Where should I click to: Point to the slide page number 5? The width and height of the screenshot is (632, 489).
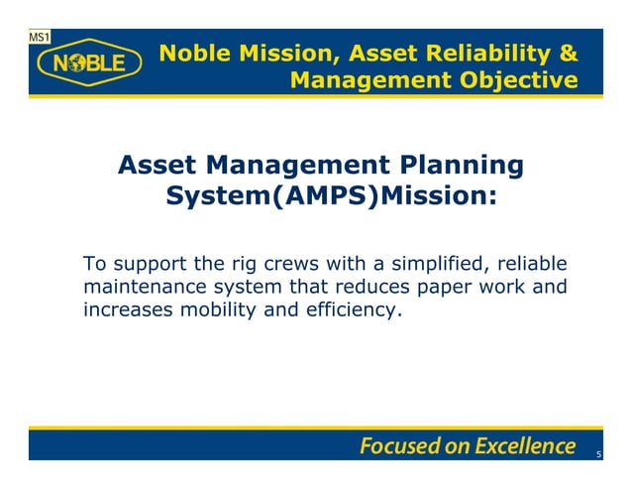point(598,454)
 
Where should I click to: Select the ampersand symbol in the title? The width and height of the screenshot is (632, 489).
point(568,52)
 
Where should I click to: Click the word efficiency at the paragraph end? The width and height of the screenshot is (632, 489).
point(354,311)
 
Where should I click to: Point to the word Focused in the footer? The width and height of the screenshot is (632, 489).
point(398,445)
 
